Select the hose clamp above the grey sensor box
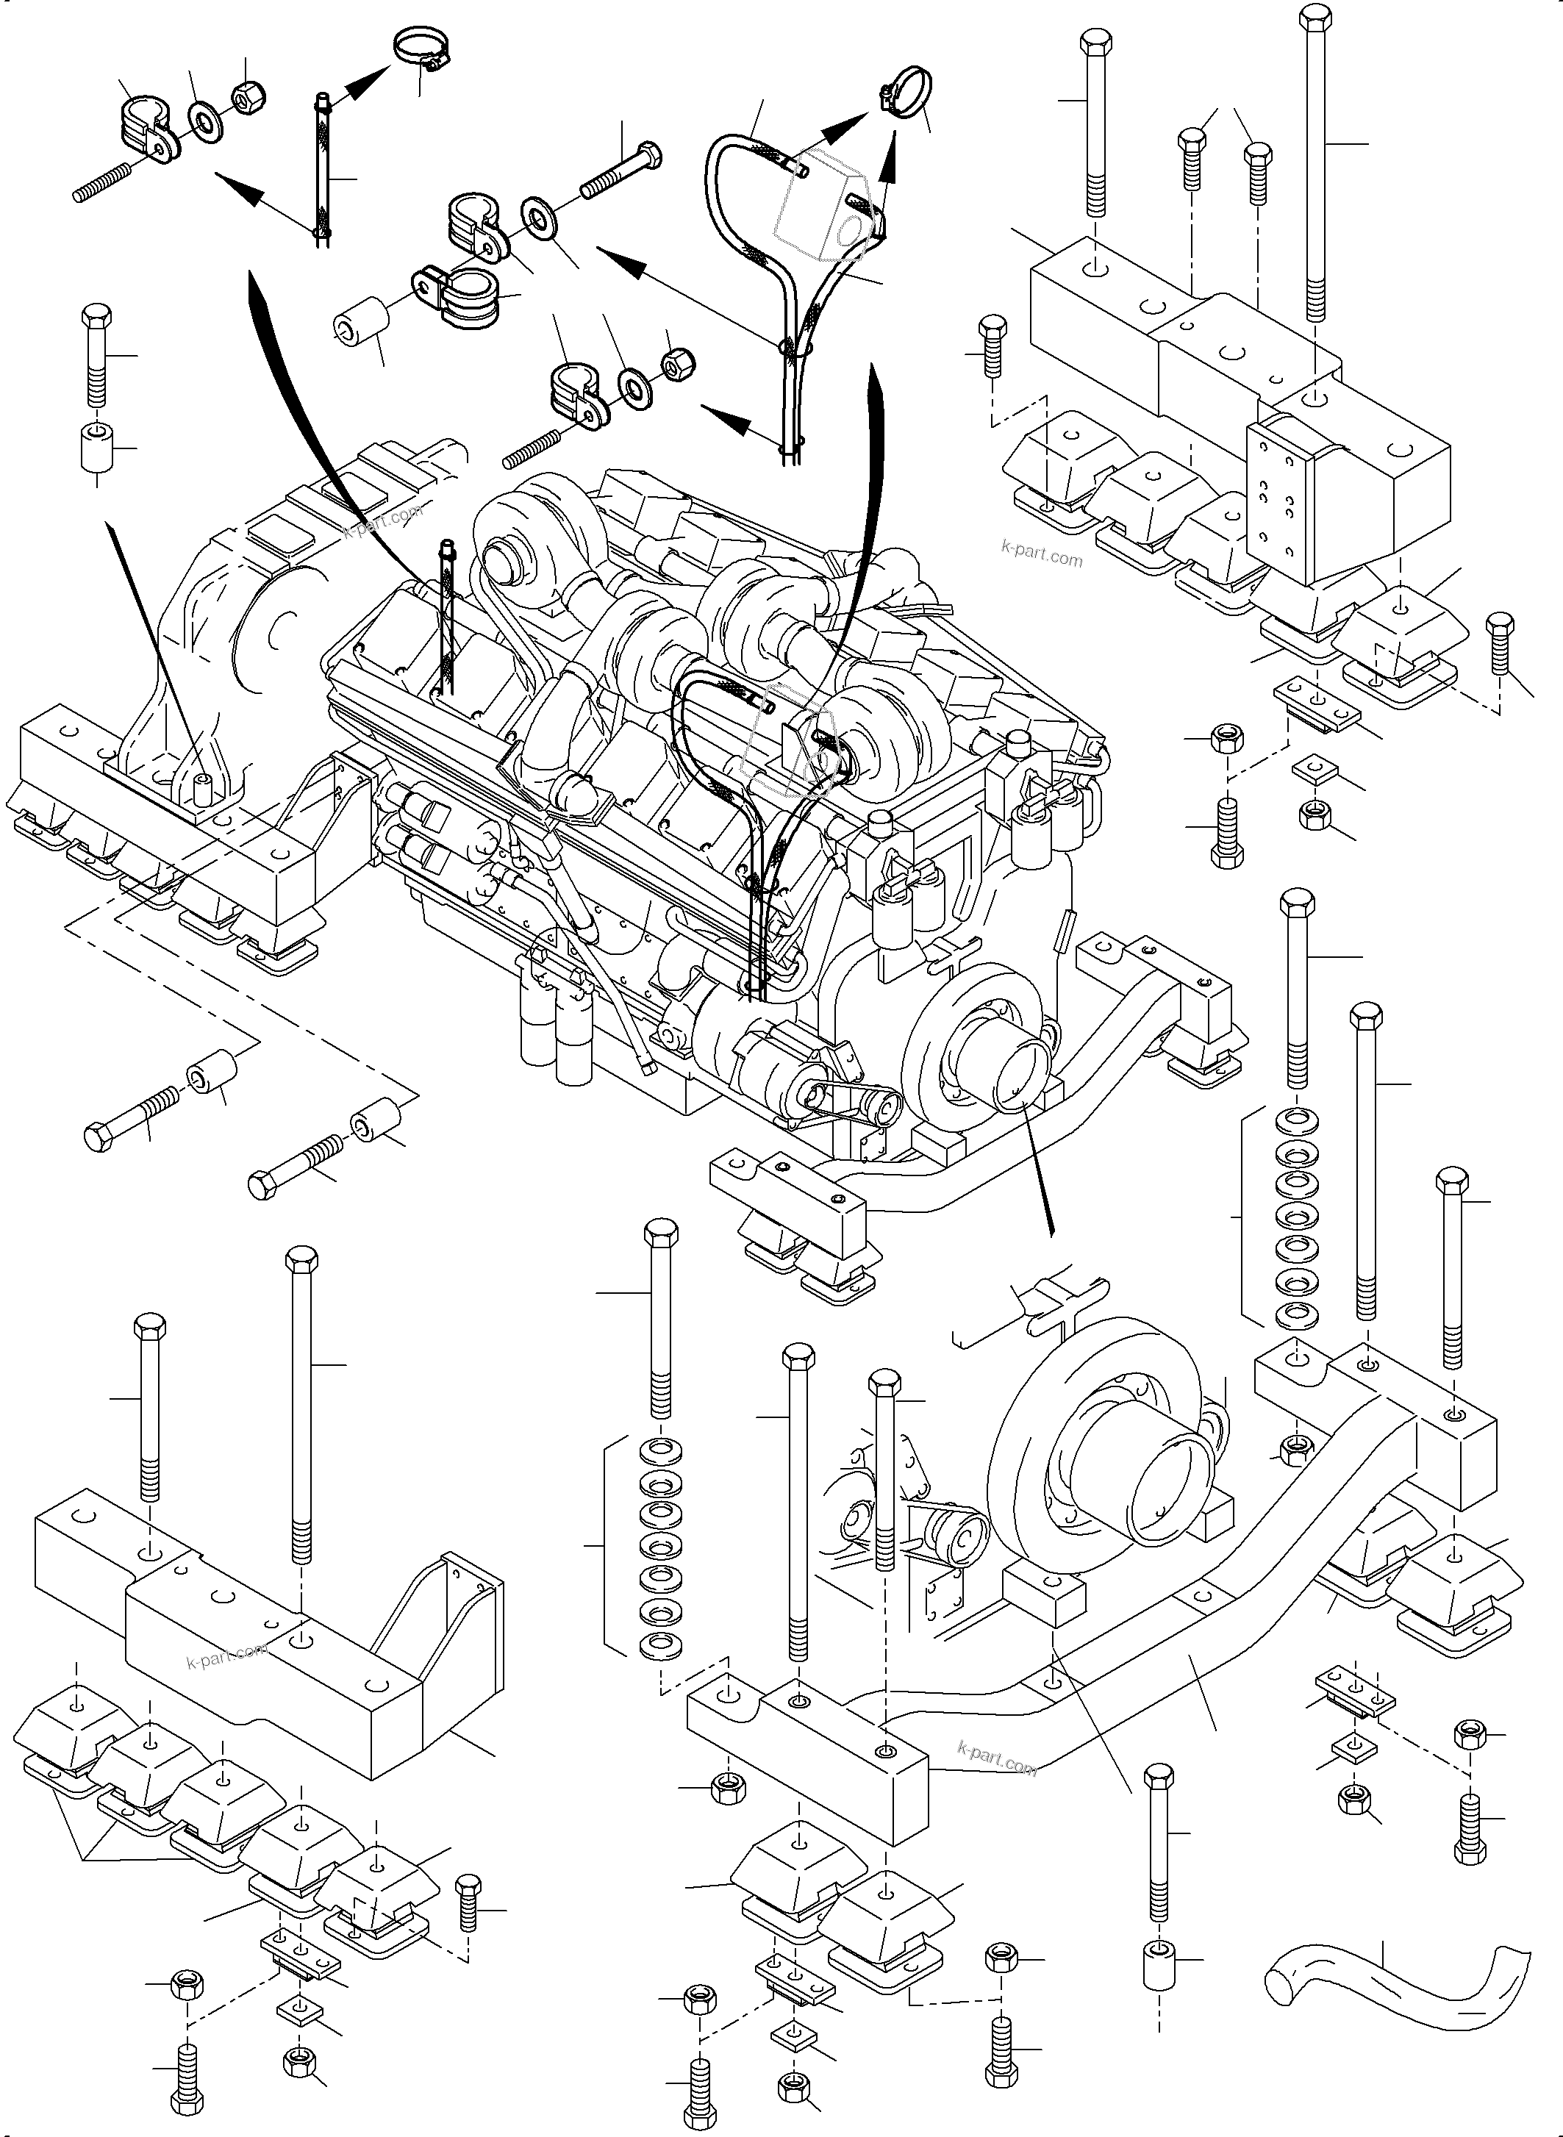(904, 92)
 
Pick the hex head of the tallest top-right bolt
(1315, 19)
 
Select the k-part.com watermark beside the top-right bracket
(1041, 553)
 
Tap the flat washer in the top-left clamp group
(204, 120)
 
